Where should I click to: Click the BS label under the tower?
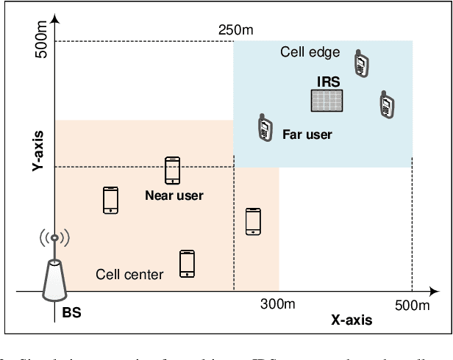point(71,312)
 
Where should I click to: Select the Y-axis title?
point(36,151)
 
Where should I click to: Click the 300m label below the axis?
point(277,304)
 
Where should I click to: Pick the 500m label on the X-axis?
point(411,304)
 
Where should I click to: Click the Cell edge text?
point(310,52)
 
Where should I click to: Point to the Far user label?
point(307,134)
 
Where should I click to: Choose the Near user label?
point(174,195)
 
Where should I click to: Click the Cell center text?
point(129,275)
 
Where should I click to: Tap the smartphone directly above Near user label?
point(173,170)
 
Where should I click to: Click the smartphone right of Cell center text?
point(188,264)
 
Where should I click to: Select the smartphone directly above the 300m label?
point(253,221)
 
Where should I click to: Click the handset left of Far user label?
point(263,128)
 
